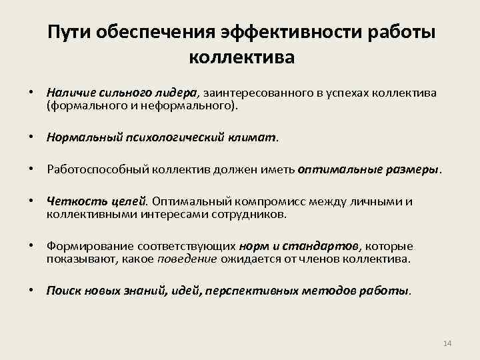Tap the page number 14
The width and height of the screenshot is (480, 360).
pos(447,343)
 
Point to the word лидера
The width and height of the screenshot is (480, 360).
pos(175,93)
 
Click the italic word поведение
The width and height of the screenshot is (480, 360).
pos(187,258)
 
